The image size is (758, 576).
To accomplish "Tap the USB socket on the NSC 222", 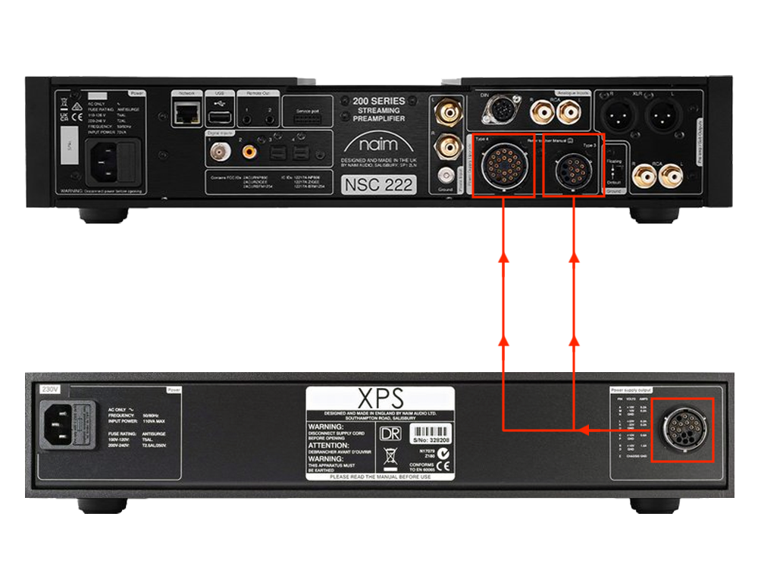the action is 218,117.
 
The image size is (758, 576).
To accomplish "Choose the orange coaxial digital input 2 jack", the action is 249,152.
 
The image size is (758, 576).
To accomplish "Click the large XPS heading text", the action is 381,398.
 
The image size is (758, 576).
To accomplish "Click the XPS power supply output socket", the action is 682,430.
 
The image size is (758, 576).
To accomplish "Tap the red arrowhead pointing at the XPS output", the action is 584,430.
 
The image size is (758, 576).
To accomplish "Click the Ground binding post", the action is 445,174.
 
